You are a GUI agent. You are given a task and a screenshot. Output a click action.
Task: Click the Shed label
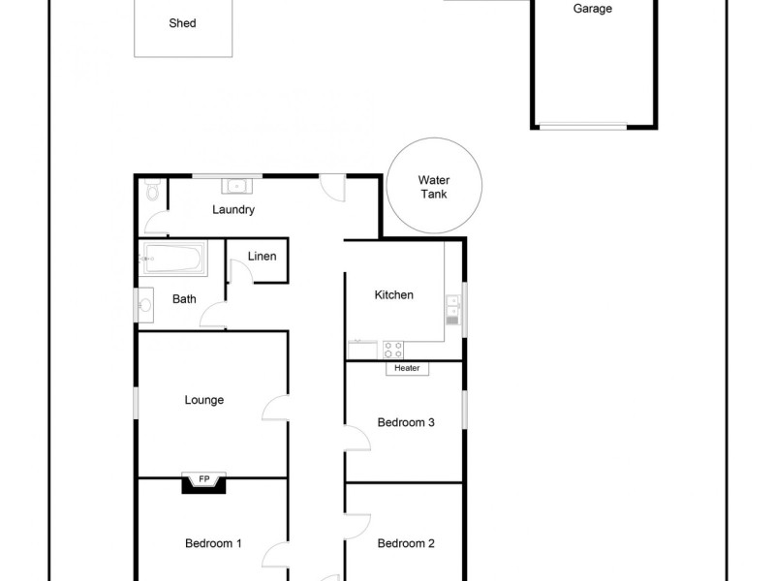(x=182, y=23)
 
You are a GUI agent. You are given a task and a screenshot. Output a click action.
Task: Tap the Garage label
(x=593, y=9)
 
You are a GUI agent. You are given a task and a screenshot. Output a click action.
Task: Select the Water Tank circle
(x=433, y=187)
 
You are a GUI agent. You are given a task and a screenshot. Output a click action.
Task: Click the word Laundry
(x=232, y=210)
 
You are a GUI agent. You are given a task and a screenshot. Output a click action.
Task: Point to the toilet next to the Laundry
(x=151, y=192)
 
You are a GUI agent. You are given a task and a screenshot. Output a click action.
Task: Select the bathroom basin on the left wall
(x=145, y=305)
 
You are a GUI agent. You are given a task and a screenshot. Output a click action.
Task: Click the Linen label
(x=263, y=257)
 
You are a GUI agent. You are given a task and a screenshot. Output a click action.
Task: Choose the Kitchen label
(x=394, y=295)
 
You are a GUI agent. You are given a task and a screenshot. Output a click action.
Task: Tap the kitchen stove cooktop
(x=393, y=349)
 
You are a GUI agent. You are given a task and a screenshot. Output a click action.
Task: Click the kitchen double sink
(x=452, y=308)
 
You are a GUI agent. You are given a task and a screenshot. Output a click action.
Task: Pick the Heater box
(x=407, y=368)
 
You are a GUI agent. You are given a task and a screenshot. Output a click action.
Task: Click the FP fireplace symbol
(x=203, y=480)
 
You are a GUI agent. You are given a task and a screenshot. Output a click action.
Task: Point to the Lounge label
(x=204, y=400)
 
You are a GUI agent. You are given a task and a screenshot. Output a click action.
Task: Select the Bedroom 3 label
(x=406, y=422)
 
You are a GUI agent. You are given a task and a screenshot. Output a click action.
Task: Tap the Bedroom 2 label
(x=406, y=543)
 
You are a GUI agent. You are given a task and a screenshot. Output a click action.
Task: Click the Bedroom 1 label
(x=213, y=543)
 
